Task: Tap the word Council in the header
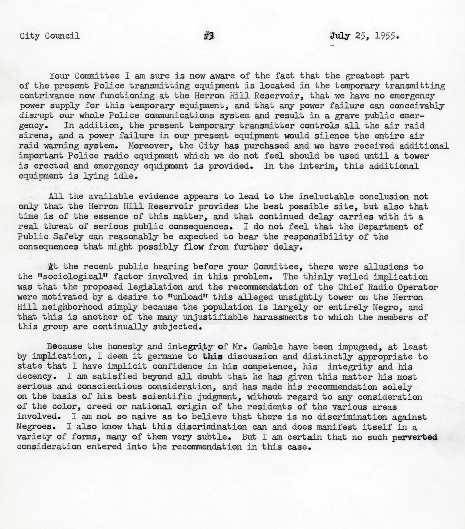(x=62, y=36)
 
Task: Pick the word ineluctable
(x=326, y=196)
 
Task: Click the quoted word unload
(x=185, y=297)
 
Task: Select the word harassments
(x=280, y=317)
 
